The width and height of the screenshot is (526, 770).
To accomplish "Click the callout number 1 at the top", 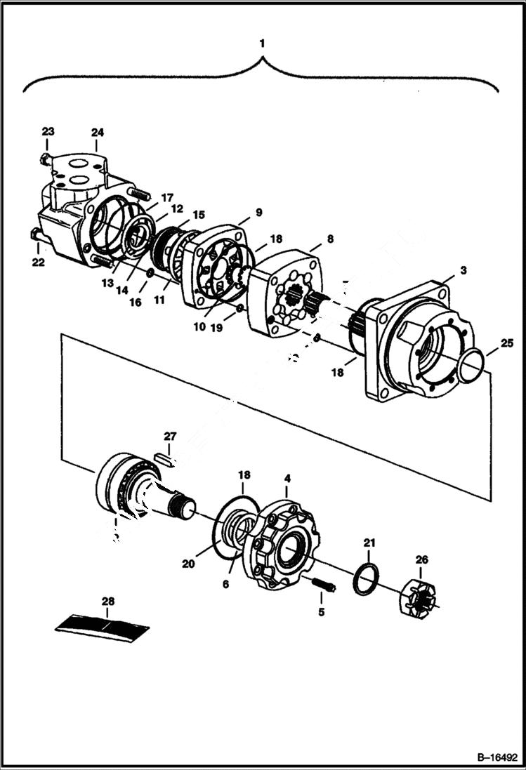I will [x=262, y=43].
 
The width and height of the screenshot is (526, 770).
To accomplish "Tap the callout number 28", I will [x=107, y=602].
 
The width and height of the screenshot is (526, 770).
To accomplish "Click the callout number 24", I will [x=97, y=132].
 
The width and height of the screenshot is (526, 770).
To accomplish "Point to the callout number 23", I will [x=48, y=132].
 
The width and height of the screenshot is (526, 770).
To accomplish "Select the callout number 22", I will [x=38, y=262].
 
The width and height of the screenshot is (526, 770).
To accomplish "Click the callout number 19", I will [x=217, y=326].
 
